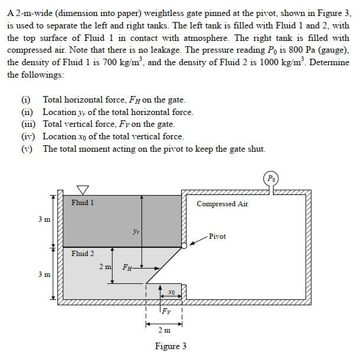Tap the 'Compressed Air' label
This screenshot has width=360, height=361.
coord(222,204)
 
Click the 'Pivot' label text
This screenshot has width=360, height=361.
coord(217,237)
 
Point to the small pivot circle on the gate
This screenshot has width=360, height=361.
coord(184,245)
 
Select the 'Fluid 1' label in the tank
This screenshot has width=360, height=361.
coord(82,203)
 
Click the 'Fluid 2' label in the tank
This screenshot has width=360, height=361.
coord(82,254)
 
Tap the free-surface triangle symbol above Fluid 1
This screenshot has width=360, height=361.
coord(82,189)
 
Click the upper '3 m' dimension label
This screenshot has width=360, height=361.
coord(44,219)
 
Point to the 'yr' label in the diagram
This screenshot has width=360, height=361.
coord(136,232)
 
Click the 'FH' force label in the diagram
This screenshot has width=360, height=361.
coord(127,267)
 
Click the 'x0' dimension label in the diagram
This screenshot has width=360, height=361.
coord(171,292)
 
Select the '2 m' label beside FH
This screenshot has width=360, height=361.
coord(105,267)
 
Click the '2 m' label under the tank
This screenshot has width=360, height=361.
coord(164,330)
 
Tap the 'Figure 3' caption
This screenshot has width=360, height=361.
coord(171,346)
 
